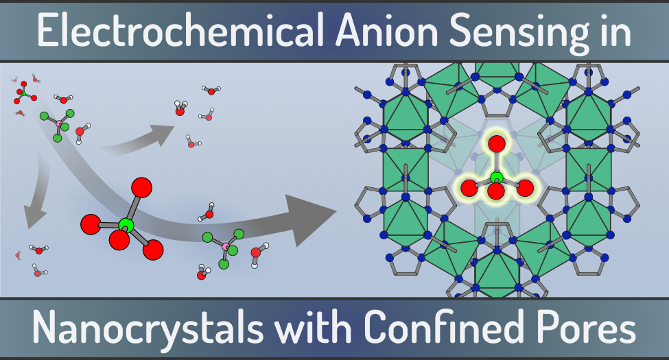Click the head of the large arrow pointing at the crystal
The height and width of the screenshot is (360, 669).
tap(311, 219)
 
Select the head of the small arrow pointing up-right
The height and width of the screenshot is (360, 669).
tap(163, 134)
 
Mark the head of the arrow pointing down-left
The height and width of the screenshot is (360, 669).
tap(34, 217)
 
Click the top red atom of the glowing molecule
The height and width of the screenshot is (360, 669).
tap(497, 144)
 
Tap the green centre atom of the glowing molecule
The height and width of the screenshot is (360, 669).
tap(497, 178)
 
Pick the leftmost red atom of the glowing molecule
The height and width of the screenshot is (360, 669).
tap(469, 188)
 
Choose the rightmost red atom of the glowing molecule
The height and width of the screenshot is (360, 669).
tap(525, 188)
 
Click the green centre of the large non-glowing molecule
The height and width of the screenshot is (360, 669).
tap(126, 225)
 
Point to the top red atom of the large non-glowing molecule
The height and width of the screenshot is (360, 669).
tap(141, 187)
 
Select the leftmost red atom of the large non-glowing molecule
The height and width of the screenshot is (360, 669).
tap(91, 224)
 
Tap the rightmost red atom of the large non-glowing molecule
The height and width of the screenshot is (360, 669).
tap(153, 250)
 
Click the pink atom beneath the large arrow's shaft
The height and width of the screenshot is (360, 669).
tap(226, 246)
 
